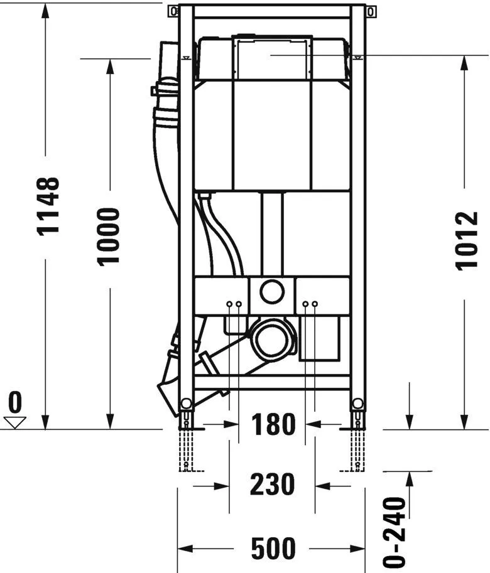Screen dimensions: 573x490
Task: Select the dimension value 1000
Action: [109, 237]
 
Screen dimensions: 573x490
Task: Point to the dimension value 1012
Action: [467, 240]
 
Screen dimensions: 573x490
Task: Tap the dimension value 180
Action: [273, 426]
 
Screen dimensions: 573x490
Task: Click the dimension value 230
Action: [273, 485]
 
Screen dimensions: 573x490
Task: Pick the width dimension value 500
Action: [273, 549]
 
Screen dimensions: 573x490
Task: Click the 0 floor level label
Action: [15, 400]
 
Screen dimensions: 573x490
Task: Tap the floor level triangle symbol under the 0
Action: [15, 422]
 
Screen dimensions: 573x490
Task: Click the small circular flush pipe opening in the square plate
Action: [272, 291]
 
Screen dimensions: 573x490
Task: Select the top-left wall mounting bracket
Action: [173, 11]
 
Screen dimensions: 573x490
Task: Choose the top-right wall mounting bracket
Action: [372, 11]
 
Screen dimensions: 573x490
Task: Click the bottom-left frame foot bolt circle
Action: [185, 404]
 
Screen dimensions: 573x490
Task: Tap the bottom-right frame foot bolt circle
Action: [358, 404]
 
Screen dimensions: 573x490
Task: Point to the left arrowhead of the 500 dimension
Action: [183, 549]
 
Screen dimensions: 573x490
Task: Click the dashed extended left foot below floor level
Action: [186, 451]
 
